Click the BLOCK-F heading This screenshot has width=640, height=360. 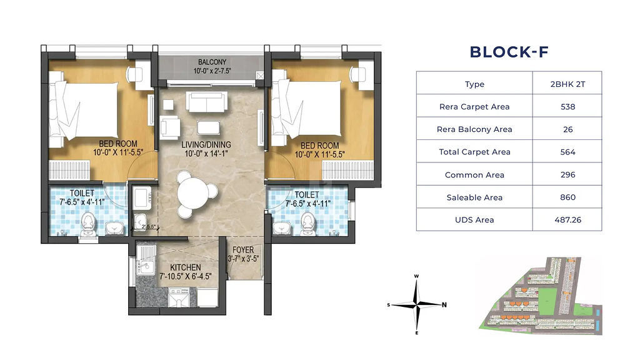(509, 52)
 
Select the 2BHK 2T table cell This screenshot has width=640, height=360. (567, 84)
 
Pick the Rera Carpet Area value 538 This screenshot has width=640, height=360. (567, 106)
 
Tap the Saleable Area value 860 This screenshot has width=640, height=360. (567, 197)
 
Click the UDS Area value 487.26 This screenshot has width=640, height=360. (567, 219)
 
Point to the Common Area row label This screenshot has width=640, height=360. (474, 175)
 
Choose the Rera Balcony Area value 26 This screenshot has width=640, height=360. (567, 129)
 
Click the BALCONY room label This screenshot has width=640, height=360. (212, 62)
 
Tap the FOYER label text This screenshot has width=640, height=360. (243, 250)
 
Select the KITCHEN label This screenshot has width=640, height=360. (185, 267)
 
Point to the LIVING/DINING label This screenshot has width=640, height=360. (206, 144)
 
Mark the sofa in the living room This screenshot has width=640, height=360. (206, 102)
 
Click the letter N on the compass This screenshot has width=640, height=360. (444, 304)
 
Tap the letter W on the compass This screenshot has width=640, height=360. (416, 276)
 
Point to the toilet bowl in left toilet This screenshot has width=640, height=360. (88, 224)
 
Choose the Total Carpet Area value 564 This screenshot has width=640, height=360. (567, 152)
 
